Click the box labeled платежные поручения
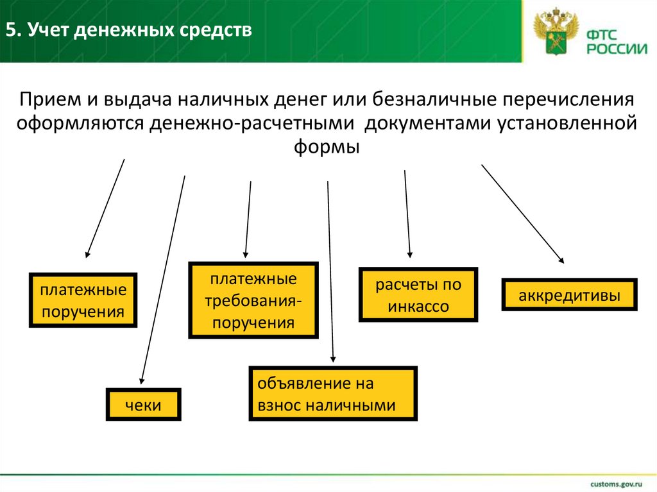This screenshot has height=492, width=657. coord(83,300)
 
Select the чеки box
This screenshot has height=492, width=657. coord(144,405)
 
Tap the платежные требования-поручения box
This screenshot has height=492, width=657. coord(253,300)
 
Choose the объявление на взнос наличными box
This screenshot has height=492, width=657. coord(333,394)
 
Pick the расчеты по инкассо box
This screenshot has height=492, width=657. coord(418,294)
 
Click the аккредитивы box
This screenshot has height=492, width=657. coord(569,295)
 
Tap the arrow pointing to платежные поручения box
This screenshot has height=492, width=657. coord(105,208)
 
